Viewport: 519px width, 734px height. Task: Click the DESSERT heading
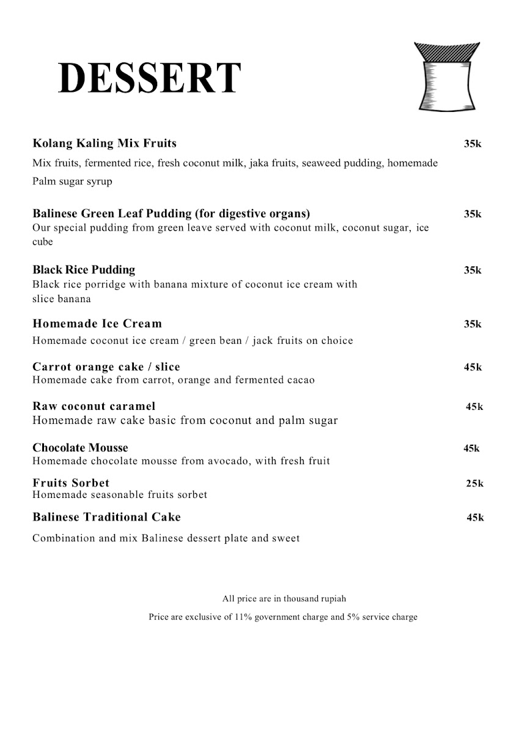click(x=149, y=78)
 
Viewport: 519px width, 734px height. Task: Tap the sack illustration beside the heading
click(x=446, y=76)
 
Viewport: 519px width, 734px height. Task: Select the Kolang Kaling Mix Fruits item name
click(x=104, y=144)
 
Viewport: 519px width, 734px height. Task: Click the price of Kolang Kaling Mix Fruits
click(x=473, y=144)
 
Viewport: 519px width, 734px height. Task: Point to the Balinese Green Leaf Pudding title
click(x=171, y=214)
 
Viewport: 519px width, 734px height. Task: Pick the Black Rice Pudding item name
click(x=84, y=270)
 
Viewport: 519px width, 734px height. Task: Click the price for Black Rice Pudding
click(x=473, y=270)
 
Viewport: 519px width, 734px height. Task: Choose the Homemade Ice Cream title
click(x=97, y=324)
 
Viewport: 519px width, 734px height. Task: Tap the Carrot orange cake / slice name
click(x=106, y=367)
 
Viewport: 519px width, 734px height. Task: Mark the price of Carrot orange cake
click(x=473, y=368)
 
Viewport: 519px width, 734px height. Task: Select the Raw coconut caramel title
click(x=94, y=406)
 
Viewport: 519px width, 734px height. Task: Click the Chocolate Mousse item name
click(x=80, y=448)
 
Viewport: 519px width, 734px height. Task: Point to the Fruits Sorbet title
click(x=71, y=483)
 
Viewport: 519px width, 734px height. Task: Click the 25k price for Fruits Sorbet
click(x=474, y=484)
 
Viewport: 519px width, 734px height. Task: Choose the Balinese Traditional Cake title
click(x=106, y=517)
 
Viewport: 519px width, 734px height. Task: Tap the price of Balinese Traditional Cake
click(x=475, y=518)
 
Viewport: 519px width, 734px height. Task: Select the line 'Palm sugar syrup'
click(x=72, y=182)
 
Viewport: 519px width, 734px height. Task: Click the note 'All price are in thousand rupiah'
click(x=284, y=599)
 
